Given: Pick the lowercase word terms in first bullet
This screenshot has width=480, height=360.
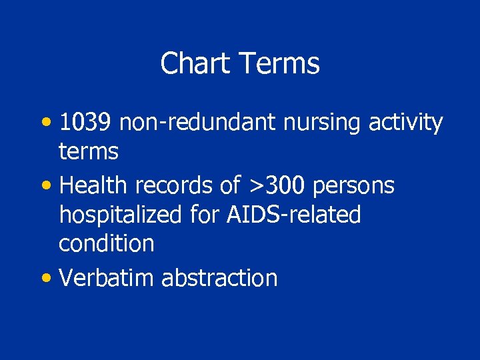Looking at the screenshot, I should click(88, 152).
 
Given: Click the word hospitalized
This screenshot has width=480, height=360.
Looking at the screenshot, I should click(119, 215).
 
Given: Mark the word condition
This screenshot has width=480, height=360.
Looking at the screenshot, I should click(106, 243).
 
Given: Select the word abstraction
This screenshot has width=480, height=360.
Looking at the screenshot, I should click(219, 277).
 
